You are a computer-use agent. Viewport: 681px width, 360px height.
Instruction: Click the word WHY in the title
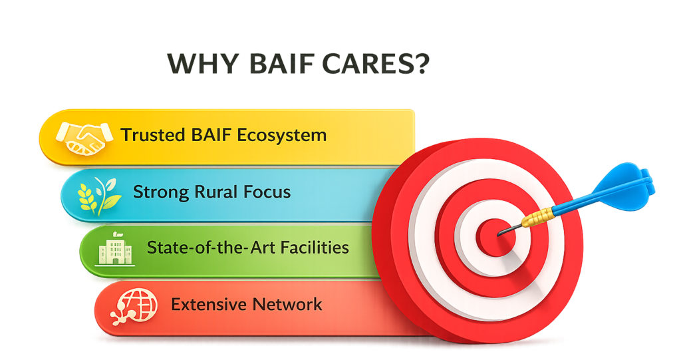[x=203, y=64]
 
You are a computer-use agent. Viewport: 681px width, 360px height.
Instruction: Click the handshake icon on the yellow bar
[x=82, y=138]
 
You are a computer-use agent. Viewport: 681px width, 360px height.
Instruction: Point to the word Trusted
[x=154, y=135]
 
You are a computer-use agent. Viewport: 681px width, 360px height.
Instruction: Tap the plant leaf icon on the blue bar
[x=100, y=196]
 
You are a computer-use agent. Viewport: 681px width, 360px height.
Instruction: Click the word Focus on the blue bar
[x=267, y=192]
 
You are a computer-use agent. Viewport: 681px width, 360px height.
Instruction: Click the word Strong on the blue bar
[x=161, y=192]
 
